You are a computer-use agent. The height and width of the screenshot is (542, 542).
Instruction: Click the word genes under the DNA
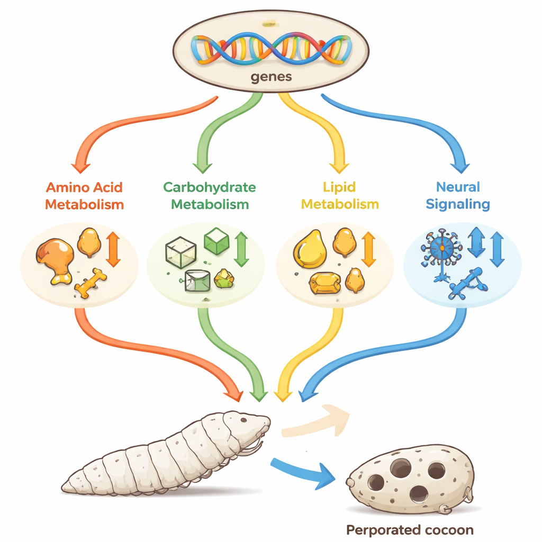[270, 76]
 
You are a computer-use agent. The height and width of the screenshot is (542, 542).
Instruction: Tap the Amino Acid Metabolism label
[85, 195]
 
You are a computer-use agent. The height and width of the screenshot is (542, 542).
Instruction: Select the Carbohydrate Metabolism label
[210, 195]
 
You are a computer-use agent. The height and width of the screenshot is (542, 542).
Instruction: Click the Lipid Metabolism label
[340, 195]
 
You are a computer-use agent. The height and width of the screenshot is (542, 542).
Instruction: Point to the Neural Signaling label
[458, 195]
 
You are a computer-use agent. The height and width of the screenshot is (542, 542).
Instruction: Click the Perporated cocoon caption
[410, 529]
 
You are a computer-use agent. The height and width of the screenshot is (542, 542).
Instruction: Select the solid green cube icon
[215, 241]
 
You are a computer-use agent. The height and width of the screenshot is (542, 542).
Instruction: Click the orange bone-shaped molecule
[91, 283]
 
